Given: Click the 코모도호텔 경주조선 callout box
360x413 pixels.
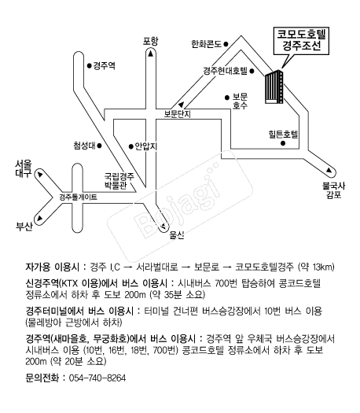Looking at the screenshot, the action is point(301,41).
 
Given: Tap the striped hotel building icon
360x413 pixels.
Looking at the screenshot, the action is point(274,87).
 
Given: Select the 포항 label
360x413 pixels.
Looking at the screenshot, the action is point(151,41).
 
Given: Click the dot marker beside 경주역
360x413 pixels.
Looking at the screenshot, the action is point(90,65).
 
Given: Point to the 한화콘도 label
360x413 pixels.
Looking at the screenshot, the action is point(206,44).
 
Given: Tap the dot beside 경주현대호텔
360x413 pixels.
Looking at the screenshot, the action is point(252,71).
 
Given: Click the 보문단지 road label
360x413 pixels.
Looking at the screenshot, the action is point(177,114).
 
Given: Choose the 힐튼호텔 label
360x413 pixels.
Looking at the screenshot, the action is point(283,134).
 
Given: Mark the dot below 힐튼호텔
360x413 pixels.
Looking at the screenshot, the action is point(283,143).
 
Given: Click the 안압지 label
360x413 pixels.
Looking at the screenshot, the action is point(145,146).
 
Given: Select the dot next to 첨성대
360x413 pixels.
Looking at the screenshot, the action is point(100,146).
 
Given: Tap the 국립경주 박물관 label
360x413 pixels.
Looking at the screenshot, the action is point(119,181).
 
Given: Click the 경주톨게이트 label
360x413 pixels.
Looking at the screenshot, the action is point(78,197).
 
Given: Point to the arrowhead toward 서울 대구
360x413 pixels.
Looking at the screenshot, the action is point(40,175).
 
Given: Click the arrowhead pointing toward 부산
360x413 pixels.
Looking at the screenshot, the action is point(40,218).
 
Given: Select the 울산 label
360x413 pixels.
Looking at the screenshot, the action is point(177,235).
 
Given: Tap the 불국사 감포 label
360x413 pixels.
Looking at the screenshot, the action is point(333,190).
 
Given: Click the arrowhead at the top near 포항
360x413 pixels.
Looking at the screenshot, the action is point(151,53).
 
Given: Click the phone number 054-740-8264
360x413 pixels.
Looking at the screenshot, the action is point(97,378).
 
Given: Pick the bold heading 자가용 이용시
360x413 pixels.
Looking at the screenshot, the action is point(52,267).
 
